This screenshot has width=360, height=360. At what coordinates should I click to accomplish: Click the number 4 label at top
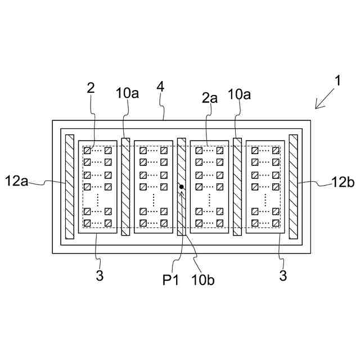point(160,88)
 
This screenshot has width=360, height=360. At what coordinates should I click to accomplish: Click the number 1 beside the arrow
point(337,80)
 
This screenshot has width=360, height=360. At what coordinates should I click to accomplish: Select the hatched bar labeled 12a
point(70,187)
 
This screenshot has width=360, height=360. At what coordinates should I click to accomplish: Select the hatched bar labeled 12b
point(293,187)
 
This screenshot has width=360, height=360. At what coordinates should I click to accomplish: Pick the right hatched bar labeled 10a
point(237,187)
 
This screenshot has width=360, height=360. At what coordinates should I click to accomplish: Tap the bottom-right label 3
point(283,276)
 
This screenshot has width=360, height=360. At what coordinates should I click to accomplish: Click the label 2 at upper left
point(91,88)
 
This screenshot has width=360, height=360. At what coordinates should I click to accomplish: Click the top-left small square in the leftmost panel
point(87,151)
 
